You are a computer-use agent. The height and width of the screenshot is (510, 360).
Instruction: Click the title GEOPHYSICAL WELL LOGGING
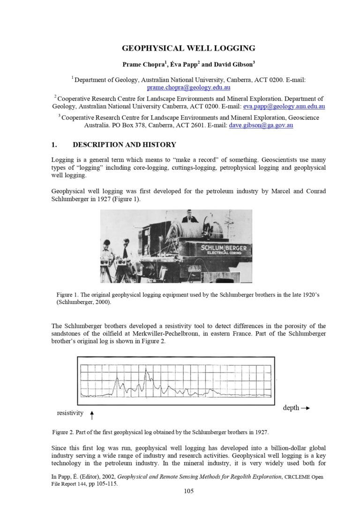pos(188,48)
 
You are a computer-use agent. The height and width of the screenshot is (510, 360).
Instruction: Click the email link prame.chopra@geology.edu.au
pos(188,87)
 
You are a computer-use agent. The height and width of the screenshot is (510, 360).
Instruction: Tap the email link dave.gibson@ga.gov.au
pos(261,125)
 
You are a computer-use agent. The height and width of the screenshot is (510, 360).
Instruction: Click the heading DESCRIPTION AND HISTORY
pos(124,145)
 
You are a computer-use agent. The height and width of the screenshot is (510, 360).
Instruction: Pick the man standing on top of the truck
pos(190,216)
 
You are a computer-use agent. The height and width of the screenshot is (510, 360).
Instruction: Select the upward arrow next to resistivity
pos(92,415)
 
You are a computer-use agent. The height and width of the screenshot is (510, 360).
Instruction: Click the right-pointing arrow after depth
pos(305,408)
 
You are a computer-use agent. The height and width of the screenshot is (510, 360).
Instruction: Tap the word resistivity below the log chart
pos(70,413)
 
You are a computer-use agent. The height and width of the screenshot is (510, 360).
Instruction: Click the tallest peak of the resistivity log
pos(146,372)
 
